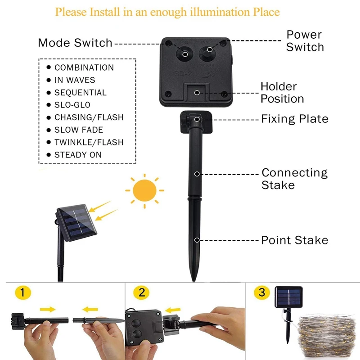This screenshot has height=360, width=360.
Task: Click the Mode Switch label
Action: click(75, 43)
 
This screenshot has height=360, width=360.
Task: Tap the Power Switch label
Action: click(305, 40)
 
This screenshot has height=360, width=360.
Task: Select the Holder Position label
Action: click(282, 92)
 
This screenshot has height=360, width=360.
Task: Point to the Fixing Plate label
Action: click(295, 119)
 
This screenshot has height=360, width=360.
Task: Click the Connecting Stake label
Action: click(294, 179)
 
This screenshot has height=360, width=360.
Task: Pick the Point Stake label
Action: click(295, 240)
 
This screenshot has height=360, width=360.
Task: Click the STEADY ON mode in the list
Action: click(78, 155)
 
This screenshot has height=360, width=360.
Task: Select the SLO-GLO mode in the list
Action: click(72, 105)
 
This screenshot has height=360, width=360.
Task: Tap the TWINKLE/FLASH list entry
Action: click(89, 142)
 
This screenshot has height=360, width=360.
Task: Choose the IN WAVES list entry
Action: click(75, 80)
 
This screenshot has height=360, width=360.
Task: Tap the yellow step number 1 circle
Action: click(23, 293)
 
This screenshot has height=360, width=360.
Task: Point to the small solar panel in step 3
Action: click(288, 297)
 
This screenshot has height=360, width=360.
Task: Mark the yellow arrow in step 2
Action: click(172, 310)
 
